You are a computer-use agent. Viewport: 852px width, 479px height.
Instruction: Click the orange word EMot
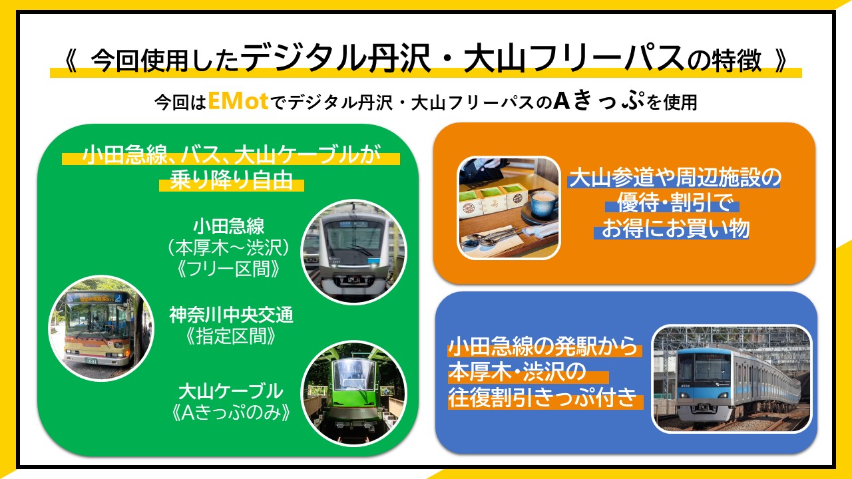point(238,102)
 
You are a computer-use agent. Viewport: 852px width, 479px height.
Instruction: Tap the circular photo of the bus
point(101,328)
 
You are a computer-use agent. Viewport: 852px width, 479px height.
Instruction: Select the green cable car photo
point(353,393)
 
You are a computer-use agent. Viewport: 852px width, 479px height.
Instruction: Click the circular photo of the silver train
point(353,252)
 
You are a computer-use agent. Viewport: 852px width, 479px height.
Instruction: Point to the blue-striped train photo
point(732,379)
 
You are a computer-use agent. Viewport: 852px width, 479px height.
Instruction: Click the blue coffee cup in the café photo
point(543,204)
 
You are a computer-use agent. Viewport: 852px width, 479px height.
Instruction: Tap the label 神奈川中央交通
point(231,315)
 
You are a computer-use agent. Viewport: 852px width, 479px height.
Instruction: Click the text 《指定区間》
point(231,337)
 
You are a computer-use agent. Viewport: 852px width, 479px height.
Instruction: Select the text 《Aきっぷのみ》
point(231,413)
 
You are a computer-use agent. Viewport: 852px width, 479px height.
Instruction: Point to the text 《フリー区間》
point(229,269)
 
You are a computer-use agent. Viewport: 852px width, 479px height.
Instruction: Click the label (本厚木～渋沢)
point(228,248)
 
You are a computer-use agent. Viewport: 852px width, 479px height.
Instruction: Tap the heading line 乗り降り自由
point(231,180)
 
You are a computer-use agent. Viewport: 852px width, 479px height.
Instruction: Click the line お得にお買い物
point(675,228)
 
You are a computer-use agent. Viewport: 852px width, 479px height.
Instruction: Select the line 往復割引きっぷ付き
point(542,397)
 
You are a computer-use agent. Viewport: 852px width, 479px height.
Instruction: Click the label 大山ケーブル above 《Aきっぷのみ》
point(231,392)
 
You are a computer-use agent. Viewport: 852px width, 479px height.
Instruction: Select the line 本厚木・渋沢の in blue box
point(518,371)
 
